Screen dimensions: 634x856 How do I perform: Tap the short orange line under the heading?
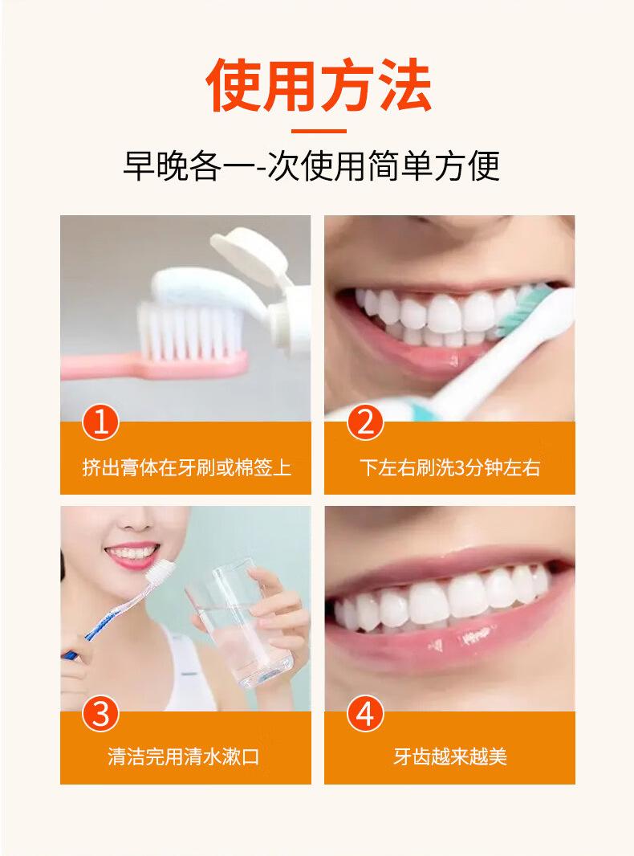coord(319,131)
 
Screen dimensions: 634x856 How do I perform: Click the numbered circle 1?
coord(100,423)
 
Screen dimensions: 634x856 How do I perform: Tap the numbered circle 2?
coord(365,423)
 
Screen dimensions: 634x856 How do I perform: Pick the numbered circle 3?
coord(100,714)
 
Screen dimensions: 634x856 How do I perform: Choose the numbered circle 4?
coord(365,714)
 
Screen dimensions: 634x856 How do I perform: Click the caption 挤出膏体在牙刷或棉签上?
coord(187,467)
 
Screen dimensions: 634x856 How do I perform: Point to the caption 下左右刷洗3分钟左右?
coord(450,467)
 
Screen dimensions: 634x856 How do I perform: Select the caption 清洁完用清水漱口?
coord(183,756)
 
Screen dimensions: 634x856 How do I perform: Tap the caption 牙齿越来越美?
coord(450,756)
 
